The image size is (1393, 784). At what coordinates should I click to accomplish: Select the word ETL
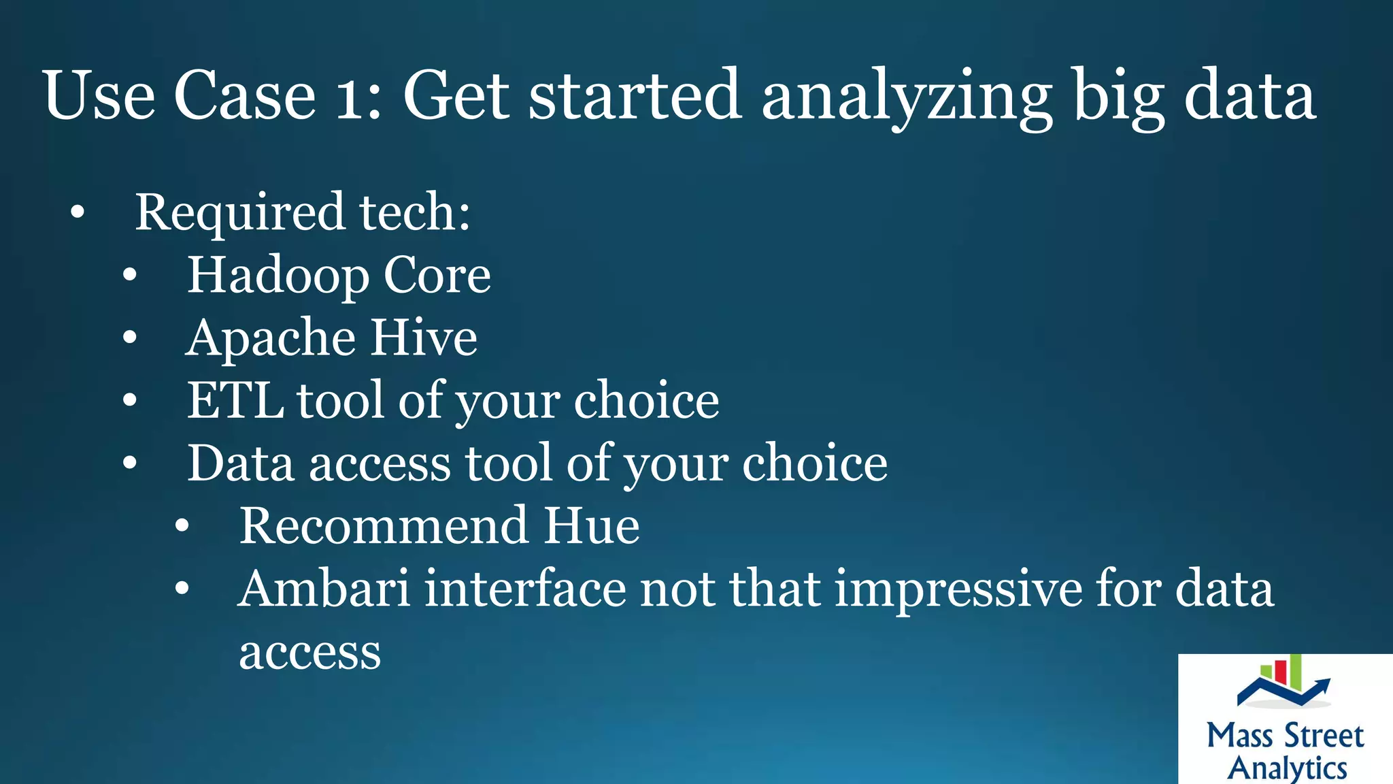235,401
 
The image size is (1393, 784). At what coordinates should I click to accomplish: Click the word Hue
591,526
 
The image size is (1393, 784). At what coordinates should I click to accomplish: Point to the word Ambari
324,589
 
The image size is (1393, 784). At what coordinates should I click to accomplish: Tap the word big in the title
1119,97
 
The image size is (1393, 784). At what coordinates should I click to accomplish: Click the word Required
240,213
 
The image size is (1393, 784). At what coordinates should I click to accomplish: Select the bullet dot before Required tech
78,213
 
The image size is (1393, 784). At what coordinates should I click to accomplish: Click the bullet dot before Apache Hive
130,338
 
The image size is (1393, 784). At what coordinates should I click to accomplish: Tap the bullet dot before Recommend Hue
182,526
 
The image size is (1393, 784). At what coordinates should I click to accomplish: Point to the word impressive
958,589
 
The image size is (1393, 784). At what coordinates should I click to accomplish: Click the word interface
525,589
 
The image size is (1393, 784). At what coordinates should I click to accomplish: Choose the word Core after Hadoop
437,276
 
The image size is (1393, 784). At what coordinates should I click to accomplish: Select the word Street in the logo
1324,736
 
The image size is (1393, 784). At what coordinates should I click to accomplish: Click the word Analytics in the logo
1287,768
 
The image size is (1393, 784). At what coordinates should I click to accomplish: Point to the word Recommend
384,526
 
